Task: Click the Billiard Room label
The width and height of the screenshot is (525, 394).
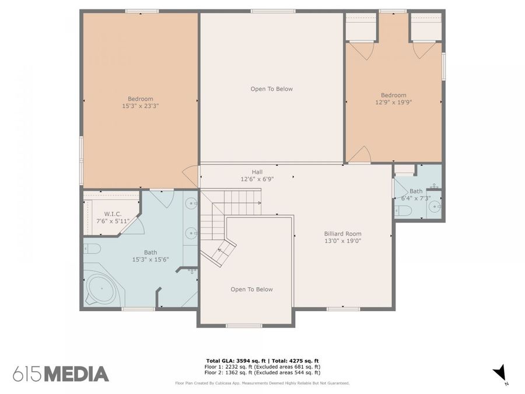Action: tap(342, 234)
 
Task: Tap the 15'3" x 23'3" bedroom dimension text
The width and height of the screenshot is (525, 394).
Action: tap(140, 106)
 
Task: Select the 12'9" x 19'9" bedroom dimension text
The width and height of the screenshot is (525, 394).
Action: tap(393, 102)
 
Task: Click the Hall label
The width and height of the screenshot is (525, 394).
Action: tap(257, 172)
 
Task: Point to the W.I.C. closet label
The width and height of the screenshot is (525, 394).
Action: tap(113, 214)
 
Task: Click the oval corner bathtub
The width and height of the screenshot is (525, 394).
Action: tap(100, 288)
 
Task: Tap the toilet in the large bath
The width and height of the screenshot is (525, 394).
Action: tap(92, 249)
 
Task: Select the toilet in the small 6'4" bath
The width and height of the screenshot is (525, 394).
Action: tap(403, 210)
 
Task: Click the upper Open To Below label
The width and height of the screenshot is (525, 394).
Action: tap(271, 89)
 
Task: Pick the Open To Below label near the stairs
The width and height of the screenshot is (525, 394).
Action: tap(251, 290)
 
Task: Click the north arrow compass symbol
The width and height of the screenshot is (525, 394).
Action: tap(500, 372)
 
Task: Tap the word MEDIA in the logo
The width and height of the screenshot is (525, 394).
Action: tap(76, 374)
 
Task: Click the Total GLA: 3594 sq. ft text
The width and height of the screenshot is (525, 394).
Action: tap(236, 361)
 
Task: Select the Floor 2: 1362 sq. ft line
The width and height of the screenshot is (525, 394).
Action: tap(262, 372)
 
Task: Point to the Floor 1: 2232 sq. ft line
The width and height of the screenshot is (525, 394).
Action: tap(262, 367)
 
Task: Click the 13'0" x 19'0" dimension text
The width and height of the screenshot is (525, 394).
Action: tap(343, 241)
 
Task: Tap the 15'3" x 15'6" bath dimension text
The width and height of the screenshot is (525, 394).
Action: tap(150, 259)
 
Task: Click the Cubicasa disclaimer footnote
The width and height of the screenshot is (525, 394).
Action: tap(262, 383)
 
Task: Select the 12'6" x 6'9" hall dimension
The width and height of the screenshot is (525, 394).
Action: tap(257, 179)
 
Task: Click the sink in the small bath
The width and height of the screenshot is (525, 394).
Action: tap(435, 207)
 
